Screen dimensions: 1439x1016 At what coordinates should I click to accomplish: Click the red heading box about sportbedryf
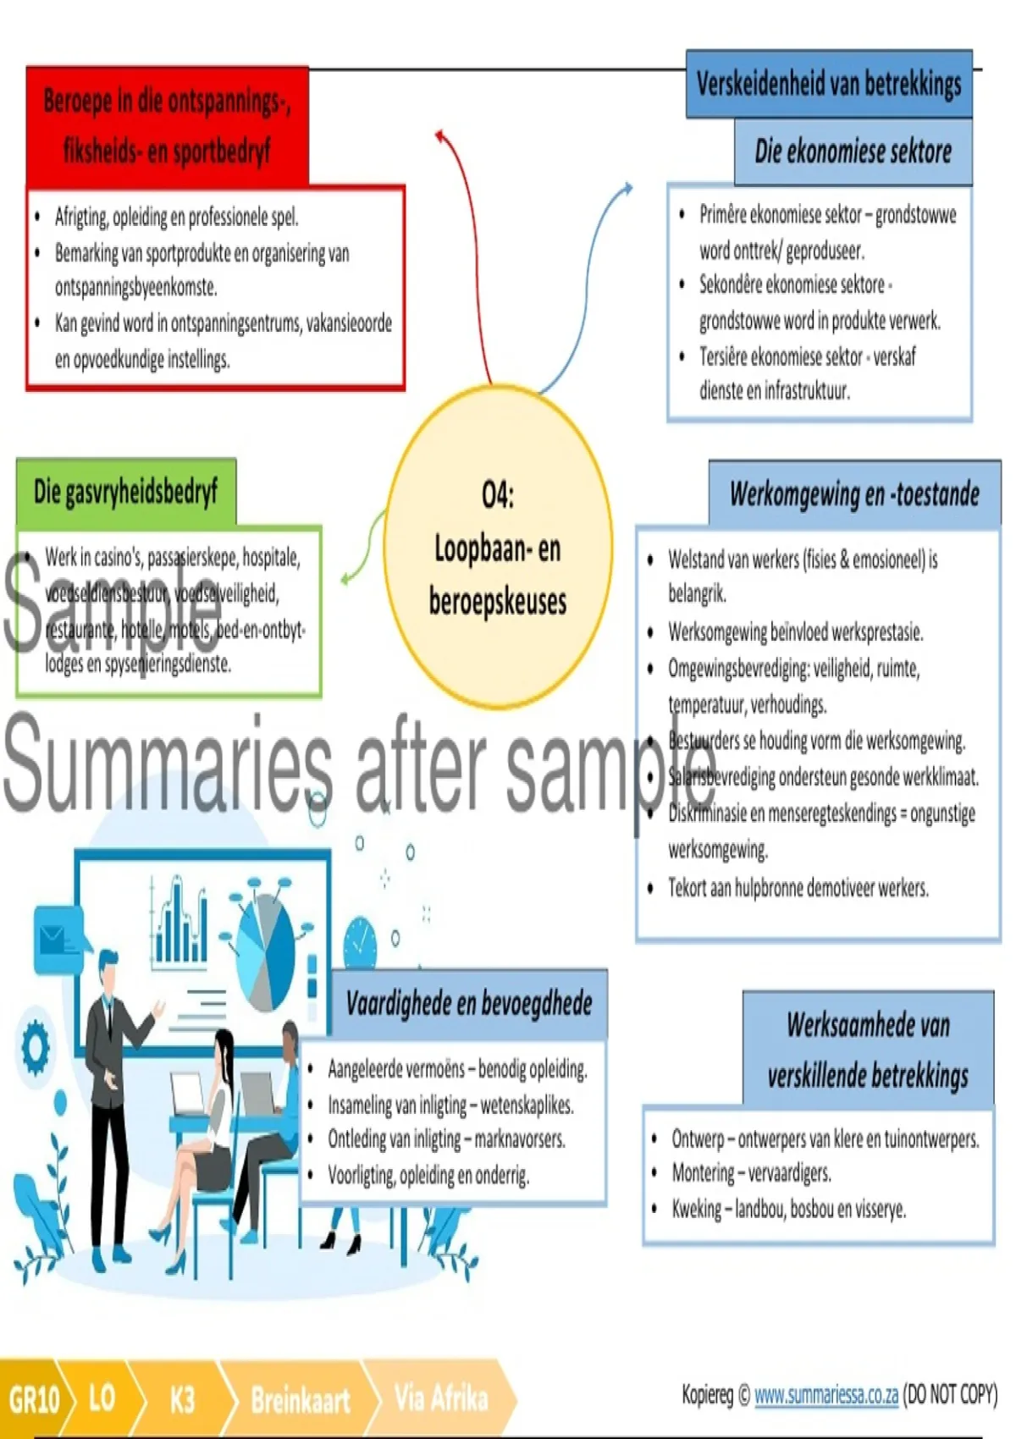tap(167, 126)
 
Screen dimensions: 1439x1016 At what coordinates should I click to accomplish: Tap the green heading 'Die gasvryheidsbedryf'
tap(125, 492)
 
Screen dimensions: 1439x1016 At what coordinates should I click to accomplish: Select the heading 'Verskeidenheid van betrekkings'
tap(828, 84)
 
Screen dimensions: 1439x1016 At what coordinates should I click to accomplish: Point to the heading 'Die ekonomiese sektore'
tap(853, 152)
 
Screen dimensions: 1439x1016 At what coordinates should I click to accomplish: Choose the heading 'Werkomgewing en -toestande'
tap(854, 494)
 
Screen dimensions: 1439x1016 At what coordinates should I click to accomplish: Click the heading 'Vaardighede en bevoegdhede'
tap(468, 1004)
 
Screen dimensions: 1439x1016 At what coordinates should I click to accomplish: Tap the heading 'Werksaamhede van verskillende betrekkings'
tap(868, 1050)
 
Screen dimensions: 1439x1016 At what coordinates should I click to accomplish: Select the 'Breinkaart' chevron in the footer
tap(300, 1399)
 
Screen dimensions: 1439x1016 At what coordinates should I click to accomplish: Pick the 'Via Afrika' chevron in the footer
tap(440, 1398)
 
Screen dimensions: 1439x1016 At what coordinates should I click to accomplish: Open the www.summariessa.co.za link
tap(825, 1395)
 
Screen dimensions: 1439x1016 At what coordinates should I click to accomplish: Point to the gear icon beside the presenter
tap(35, 1046)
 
